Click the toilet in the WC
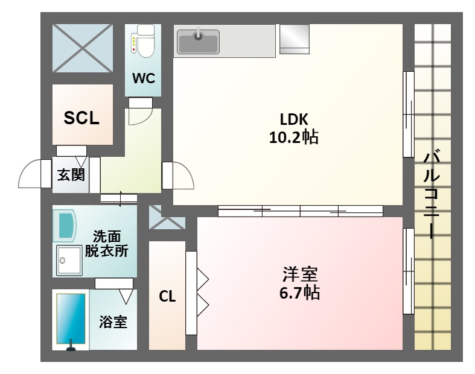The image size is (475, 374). click(x=142, y=42)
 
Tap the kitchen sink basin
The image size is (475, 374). click(x=198, y=42)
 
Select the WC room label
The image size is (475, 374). click(x=144, y=78)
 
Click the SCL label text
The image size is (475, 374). click(x=81, y=118)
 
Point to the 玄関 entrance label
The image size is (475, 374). click(x=71, y=175)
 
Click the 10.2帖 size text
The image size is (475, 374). click(x=294, y=137)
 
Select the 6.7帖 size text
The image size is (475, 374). click(x=299, y=293)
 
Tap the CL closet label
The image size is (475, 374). click(x=167, y=296)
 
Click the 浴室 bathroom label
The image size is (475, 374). click(x=113, y=322)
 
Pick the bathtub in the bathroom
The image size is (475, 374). click(x=71, y=320)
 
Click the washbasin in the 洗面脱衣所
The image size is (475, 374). click(x=65, y=226)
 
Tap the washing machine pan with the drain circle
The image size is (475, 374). click(x=69, y=261)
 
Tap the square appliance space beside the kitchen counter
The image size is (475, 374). click(x=294, y=39)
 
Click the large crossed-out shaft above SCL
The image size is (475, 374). click(x=83, y=48)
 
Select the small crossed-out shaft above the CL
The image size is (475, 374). click(x=167, y=217)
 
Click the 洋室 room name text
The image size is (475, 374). click(x=300, y=274)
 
